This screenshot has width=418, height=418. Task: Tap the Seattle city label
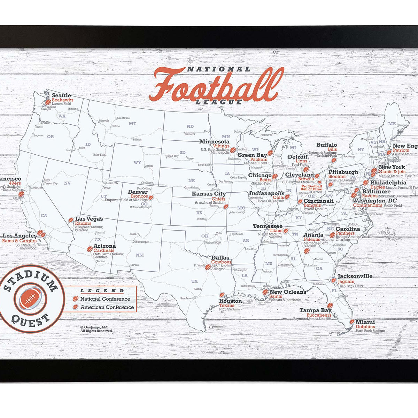point(61,95)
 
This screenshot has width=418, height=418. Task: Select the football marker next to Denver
point(151,198)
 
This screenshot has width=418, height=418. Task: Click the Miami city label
point(365,322)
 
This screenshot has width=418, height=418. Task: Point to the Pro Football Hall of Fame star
point(319,182)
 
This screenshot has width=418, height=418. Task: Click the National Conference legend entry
point(105,299)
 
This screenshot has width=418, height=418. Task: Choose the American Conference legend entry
point(107,307)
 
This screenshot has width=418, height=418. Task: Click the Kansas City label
point(209,194)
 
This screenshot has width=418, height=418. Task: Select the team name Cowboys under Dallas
point(221,262)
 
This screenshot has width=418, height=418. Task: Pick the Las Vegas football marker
point(71,220)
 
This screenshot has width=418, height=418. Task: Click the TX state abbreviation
point(194,281)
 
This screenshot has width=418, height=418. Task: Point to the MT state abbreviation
point(132,124)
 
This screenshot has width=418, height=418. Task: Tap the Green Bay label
point(252,155)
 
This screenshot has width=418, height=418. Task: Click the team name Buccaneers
point(319,315)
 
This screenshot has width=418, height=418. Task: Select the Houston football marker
point(222,295)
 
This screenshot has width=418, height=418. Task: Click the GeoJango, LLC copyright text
point(95,327)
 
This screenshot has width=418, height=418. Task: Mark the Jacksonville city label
point(355,276)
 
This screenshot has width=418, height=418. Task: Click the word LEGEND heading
point(102,291)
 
